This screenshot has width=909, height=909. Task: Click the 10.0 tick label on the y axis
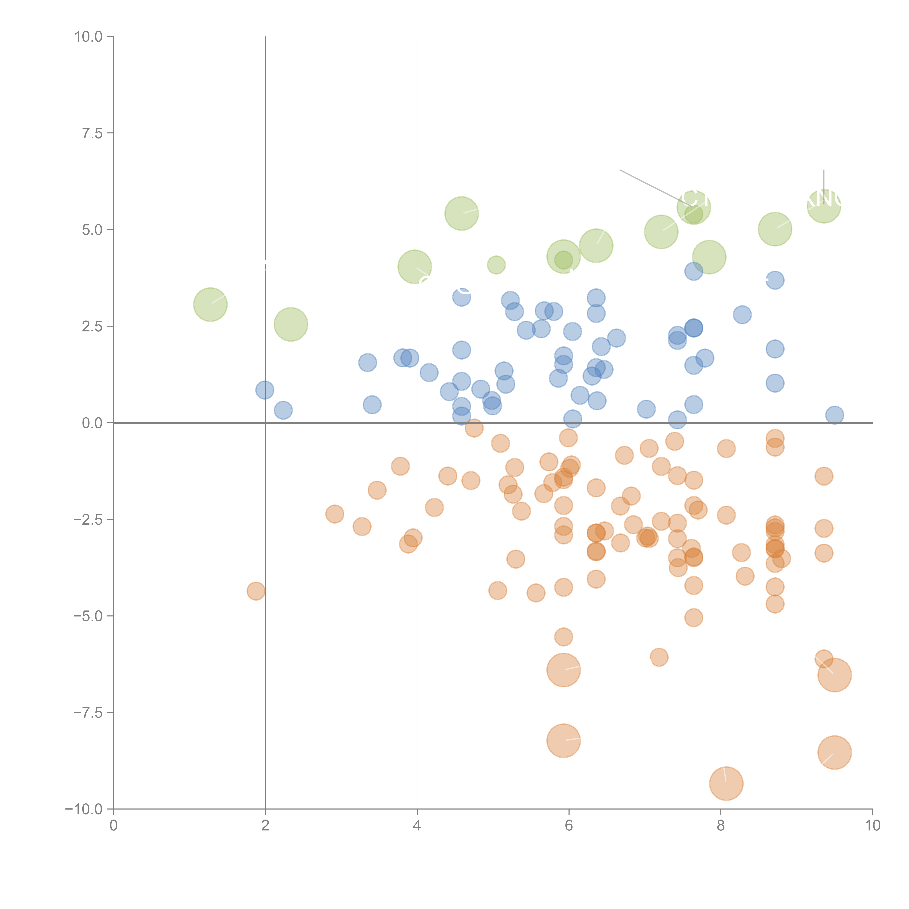89,37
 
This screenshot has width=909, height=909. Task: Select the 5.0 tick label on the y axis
92,230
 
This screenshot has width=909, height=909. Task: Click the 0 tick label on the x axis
113,826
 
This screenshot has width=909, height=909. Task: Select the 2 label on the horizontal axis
265,826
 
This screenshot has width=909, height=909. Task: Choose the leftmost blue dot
265,390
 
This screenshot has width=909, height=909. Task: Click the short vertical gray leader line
824,180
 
